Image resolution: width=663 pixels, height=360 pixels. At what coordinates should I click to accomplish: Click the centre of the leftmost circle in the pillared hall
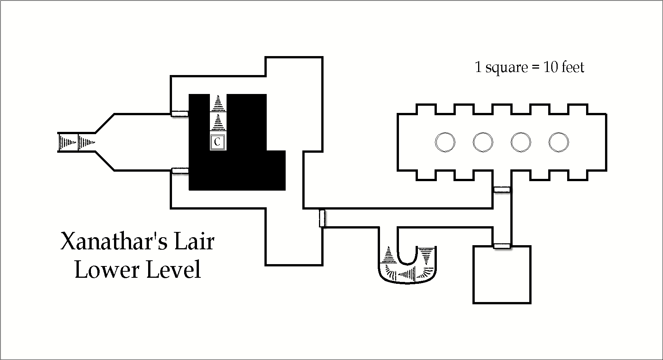pos(445,142)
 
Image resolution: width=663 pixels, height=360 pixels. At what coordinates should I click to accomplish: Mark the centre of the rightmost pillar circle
pos(559,142)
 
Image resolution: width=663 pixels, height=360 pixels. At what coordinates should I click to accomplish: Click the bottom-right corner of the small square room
pos(530,303)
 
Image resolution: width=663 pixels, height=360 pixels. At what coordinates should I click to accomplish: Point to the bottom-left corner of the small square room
pos(474,303)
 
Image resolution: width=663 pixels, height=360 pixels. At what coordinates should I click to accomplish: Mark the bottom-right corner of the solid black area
pos(285,190)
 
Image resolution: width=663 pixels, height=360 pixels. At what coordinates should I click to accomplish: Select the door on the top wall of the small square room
pos(502,246)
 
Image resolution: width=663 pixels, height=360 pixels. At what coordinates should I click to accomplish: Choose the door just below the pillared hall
pos(502,189)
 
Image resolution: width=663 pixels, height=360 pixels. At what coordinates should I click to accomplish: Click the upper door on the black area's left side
pos(180,114)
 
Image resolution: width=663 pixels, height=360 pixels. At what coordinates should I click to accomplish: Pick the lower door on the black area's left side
pos(180,171)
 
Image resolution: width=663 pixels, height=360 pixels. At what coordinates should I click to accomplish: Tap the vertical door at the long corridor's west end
pos(322,218)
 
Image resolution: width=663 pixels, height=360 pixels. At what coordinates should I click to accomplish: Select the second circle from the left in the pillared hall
pos(483,142)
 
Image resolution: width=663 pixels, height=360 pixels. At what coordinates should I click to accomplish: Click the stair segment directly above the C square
pos(218,122)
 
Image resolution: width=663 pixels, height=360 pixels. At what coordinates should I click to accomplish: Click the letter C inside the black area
pos(217,142)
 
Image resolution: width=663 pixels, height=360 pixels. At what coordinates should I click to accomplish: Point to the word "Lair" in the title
pos(194,242)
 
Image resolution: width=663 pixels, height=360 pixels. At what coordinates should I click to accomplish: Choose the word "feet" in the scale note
pos(573,67)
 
